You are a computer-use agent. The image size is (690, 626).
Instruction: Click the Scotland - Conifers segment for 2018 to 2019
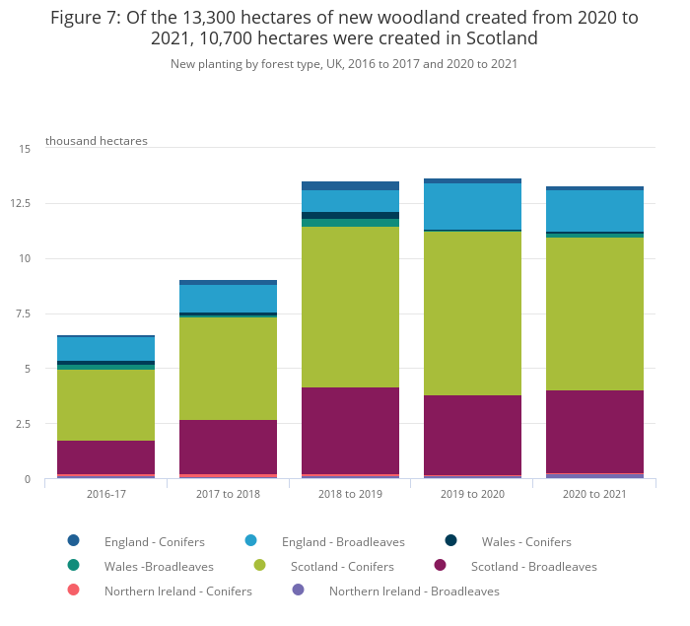click(x=350, y=307)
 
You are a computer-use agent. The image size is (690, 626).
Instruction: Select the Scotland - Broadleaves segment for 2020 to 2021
click(x=594, y=432)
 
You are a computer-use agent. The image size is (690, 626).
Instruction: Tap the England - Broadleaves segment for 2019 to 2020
click(x=472, y=206)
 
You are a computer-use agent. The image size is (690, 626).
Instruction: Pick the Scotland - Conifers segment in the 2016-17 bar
click(x=105, y=405)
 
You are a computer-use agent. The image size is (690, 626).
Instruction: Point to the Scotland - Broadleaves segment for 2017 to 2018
click(x=228, y=447)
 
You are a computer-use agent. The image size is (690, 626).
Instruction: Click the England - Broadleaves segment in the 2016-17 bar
click(x=105, y=349)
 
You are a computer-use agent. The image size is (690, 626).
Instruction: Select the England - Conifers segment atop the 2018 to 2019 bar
click(x=350, y=185)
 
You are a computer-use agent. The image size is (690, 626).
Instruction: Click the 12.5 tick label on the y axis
click(x=22, y=204)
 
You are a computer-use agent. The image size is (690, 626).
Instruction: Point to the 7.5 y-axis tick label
click(x=24, y=314)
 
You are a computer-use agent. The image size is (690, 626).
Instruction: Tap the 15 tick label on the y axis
click(x=26, y=149)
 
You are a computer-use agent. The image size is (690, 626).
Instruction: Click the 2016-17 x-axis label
click(x=105, y=494)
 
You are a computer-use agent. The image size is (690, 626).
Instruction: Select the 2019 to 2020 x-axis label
click(x=472, y=494)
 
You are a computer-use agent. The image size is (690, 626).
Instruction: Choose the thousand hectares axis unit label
click(x=97, y=141)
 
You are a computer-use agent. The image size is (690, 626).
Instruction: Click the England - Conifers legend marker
click(x=74, y=540)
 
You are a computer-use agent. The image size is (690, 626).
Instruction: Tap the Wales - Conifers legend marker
click(x=451, y=540)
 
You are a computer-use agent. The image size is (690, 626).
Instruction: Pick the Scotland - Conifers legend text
click(x=342, y=567)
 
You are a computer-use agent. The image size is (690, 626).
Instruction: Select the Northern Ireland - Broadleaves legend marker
click(x=299, y=590)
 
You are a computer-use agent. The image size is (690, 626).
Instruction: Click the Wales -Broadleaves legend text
click(x=159, y=567)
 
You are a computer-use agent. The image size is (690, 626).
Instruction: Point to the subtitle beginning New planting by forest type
click(x=344, y=64)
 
